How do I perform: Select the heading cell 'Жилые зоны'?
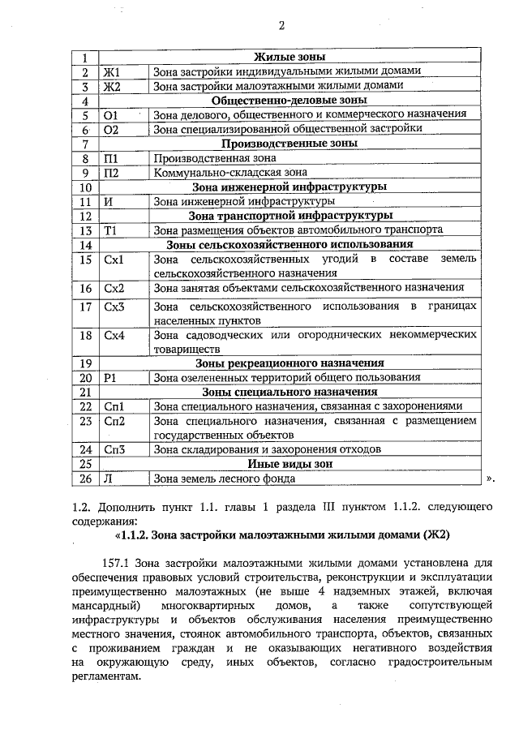coord(290,58)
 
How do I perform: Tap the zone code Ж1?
coord(112,72)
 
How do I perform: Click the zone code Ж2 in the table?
coord(112,86)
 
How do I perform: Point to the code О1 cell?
coord(112,115)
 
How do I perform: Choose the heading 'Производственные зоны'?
coord(290,144)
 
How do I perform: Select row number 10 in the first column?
coord(84,187)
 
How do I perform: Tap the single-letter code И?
coord(108,201)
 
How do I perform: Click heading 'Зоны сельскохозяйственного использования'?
coord(290,244)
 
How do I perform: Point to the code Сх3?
coord(114,307)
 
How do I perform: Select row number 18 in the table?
coord(84,336)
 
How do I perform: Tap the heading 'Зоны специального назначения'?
coord(290,392)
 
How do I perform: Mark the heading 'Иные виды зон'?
coord(290,464)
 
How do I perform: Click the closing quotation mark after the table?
coord(489,479)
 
